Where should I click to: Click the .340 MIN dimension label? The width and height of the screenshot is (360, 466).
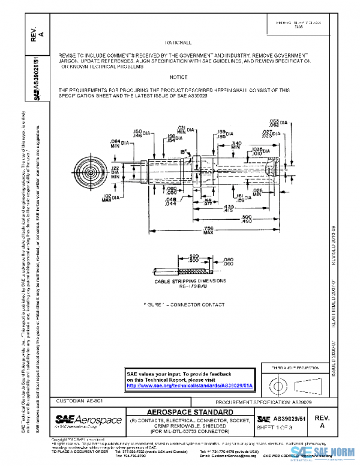[x=236, y=145]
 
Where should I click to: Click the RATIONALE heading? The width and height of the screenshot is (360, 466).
[x=178, y=43]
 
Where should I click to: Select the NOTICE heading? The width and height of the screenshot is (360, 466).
[x=178, y=77]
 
